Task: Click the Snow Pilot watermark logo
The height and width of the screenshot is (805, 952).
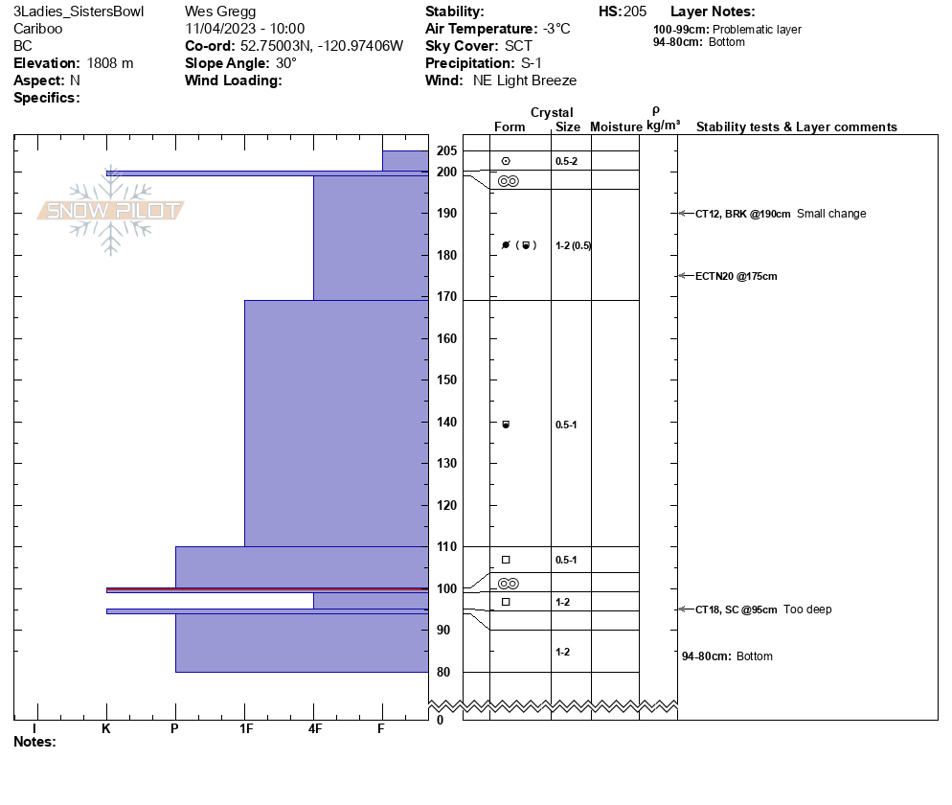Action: point(110,211)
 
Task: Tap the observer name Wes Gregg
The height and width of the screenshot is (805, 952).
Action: point(220,11)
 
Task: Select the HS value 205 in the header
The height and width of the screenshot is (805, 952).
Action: point(635,11)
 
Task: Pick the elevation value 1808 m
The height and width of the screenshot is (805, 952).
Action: point(110,63)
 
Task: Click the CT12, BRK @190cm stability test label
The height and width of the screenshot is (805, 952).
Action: point(743,214)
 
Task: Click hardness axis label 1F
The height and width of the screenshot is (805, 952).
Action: point(245,729)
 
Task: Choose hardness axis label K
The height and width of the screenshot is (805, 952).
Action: point(106,729)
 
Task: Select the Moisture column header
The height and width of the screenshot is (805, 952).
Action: point(616,127)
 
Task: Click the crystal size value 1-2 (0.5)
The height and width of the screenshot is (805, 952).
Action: point(573,245)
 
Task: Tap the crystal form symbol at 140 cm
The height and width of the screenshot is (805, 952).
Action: point(507,424)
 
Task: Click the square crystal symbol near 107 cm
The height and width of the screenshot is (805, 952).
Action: point(506,560)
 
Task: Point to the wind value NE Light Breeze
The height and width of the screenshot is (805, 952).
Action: point(525,80)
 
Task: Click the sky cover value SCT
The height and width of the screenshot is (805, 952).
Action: point(518,46)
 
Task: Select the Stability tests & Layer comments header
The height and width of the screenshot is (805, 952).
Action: point(796,127)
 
